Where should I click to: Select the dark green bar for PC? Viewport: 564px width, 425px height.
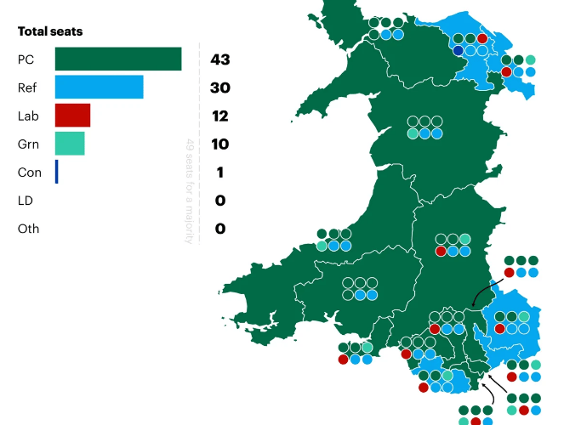118,59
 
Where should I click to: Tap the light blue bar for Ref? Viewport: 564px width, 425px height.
99,88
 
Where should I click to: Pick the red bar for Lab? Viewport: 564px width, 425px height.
72,116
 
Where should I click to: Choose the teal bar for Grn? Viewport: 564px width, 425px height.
70,144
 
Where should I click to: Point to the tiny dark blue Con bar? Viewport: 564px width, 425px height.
57,172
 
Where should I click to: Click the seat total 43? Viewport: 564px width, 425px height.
220,59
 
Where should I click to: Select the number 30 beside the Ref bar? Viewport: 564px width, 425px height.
220,88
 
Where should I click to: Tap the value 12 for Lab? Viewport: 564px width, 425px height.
220,116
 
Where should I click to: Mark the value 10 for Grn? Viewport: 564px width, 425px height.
220,144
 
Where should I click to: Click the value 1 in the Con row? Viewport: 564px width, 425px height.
220,172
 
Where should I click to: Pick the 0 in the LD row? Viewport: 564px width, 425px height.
220,201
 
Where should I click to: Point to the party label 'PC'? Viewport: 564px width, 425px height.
26,59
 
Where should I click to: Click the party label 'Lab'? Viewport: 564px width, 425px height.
27,116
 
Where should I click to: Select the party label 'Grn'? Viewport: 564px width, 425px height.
28,144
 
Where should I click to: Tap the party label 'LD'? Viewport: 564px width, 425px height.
25,201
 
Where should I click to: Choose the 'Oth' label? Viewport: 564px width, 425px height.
28,229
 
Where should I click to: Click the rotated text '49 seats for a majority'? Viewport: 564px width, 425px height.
190,190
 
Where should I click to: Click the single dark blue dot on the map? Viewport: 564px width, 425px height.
459,51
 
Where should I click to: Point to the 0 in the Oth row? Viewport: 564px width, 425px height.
220,229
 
